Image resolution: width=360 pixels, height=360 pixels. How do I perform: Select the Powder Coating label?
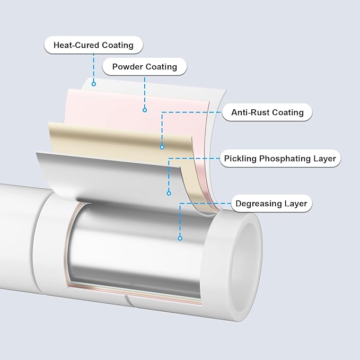click(x=144, y=67)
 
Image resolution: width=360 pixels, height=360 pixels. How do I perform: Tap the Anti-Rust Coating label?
click(x=267, y=112)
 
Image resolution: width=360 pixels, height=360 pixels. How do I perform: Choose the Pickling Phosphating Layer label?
click(x=279, y=159)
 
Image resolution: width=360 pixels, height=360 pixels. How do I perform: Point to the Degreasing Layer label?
click(x=271, y=204)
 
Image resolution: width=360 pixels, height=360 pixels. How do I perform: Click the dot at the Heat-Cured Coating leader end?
click(x=93, y=83)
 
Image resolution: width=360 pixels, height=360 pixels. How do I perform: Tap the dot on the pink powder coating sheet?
click(x=144, y=110)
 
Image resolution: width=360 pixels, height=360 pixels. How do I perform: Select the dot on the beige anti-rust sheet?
click(x=162, y=147)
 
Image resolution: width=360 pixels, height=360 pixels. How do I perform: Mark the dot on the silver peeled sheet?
click(x=169, y=192)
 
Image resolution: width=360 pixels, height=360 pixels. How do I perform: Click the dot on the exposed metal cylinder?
click(x=180, y=238)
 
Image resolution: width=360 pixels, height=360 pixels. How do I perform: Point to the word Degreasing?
click(x=257, y=204)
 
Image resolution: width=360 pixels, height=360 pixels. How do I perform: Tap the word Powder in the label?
click(x=127, y=67)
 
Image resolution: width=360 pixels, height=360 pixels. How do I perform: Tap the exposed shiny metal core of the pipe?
click(x=133, y=249)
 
